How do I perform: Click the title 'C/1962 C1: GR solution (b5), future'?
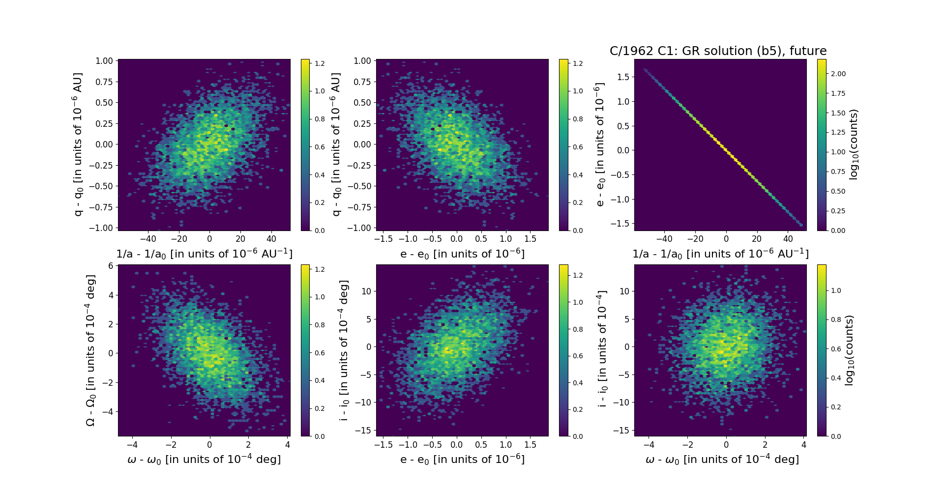pos(718,51)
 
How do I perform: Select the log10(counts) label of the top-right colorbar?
pos(854,144)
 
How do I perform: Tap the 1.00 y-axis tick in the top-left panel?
pos(104,61)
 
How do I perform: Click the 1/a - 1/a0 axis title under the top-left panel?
pos(204,254)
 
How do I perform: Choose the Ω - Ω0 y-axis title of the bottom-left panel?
pos(90,350)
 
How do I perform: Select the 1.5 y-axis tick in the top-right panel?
pos(623,77)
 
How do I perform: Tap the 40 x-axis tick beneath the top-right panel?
pos(788,239)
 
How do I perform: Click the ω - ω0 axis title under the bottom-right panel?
pos(722,460)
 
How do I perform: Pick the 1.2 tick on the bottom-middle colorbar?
pos(578,275)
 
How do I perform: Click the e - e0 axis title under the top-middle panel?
pos(462,254)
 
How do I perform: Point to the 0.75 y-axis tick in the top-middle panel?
pos(362,82)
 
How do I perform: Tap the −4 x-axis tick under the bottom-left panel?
pos(132,445)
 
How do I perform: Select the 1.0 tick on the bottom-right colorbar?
pos(836,290)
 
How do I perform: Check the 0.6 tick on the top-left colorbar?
pos(320,147)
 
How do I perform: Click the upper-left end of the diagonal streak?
pos(645,70)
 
